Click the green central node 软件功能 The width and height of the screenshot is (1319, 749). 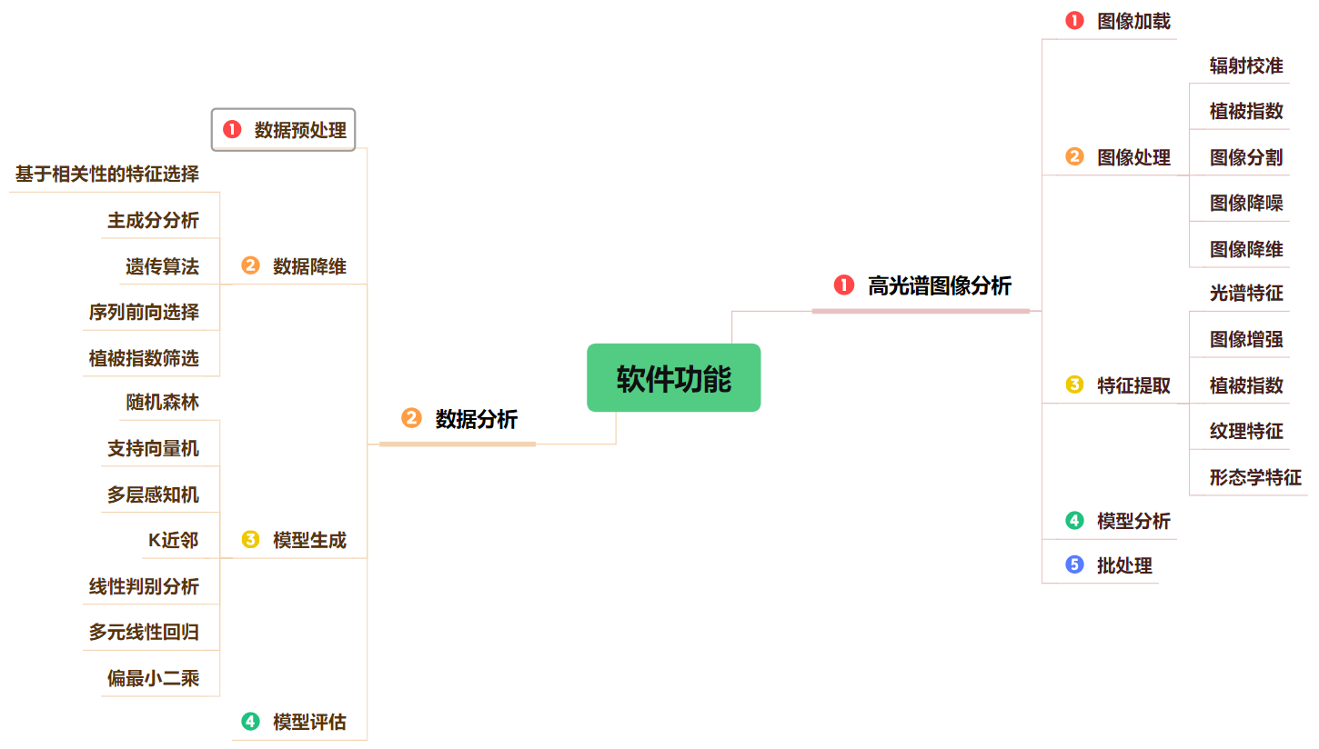[x=673, y=378]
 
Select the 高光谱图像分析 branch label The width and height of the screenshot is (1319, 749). [x=939, y=285]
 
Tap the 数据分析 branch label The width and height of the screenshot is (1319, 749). [x=476, y=419]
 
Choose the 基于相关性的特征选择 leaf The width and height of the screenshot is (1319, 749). [x=107, y=174]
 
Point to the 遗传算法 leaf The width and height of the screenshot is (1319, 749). [x=162, y=266]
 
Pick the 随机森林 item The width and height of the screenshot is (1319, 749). [x=162, y=402]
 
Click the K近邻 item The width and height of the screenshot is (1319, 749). [x=173, y=541]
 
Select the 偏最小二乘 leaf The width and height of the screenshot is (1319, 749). [x=153, y=678]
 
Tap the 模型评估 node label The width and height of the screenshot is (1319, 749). [x=309, y=723]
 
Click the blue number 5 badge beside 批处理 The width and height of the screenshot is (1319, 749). [x=1074, y=565]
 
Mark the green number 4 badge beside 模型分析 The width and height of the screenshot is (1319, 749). [x=1074, y=521]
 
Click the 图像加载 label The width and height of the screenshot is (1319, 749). [x=1133, y=22]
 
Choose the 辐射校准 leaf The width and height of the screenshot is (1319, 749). [x=1246, y=65]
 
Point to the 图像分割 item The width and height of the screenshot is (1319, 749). [x=1246, y=157]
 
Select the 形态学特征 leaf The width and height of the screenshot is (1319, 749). [x=1255, y=477]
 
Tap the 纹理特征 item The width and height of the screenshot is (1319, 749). [x=1246, y=431]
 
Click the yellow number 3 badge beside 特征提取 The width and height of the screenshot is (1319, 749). [x=1074, y=385]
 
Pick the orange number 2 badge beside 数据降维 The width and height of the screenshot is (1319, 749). [x=250, y=266]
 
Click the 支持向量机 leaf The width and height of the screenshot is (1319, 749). [x=153, y=448]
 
